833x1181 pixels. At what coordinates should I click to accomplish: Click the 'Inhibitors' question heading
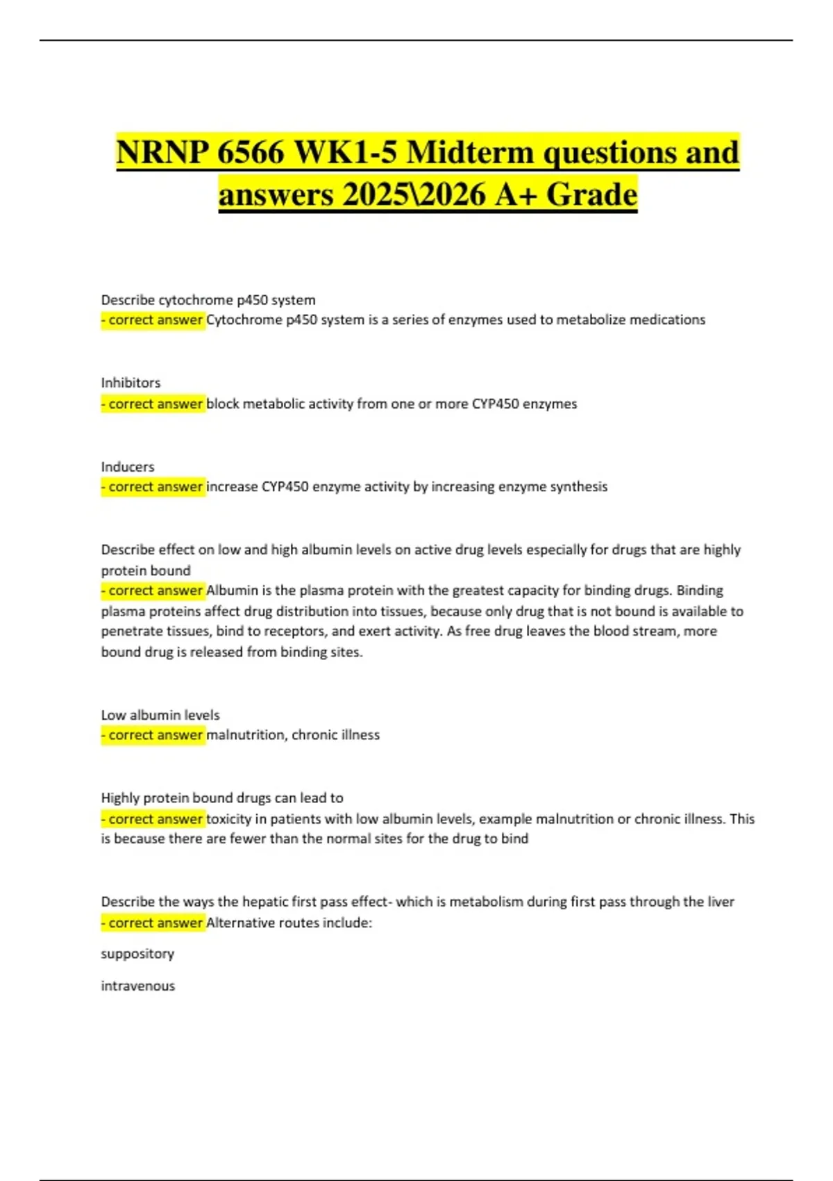pyautogui.click(x=131, y=383)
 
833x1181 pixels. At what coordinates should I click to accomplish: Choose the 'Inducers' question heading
pyautogui.click(x=128, y=467)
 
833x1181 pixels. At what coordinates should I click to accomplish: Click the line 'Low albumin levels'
pyautogui.click(x=160, y=715)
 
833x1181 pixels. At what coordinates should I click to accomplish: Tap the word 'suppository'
pyautogui.click(x=137, y=954)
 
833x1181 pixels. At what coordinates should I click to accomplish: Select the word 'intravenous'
pyautogui.click(x=138, y=986)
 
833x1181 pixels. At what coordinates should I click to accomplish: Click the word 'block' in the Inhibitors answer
pyautogui.click(x=223, y=404)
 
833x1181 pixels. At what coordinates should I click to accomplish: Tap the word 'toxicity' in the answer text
pyautogui.click(x=229, y=819)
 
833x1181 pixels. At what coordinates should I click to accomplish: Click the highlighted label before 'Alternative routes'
pyautogui.click(x=153, y=923)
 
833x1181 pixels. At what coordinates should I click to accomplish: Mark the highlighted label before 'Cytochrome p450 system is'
pyautogui.click(x=153, y=320)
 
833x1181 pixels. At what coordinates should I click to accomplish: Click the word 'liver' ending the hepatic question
pyautogui.click(x=721, y=902)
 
